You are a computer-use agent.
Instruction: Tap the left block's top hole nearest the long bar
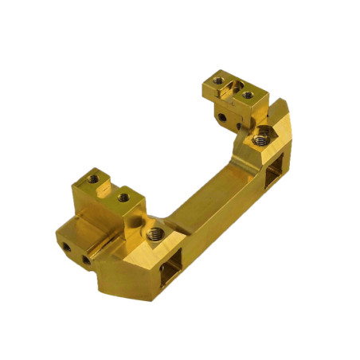pos(123,195)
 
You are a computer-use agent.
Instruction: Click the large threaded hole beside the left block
pos(155,234)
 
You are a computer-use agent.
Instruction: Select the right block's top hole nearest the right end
pos(248,95)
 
